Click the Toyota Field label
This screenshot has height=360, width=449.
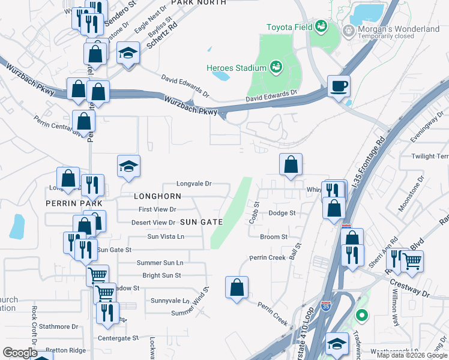[289, 26]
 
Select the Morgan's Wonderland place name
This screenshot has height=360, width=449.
[399, 29]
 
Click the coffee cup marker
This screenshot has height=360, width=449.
[339, 86]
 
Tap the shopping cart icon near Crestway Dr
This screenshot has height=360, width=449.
[412, 260]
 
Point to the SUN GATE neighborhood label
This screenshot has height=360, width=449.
[202, 222]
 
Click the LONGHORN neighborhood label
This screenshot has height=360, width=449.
[157, 196]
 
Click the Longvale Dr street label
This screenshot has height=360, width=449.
[194, 184]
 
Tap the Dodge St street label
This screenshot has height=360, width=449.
[282, 213]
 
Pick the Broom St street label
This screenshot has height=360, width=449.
[274, 237]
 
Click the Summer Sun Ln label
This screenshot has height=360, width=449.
[160, 263]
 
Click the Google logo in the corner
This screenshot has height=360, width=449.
[20, 353]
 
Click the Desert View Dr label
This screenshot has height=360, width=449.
[153, 223]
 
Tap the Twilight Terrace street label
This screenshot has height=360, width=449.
[430, 156]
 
